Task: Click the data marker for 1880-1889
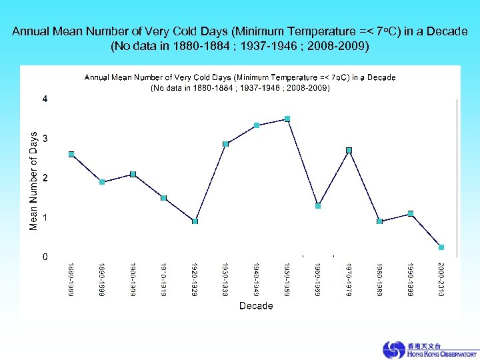coord(71,154)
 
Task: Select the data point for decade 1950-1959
coord(287,119)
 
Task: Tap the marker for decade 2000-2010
coord(441,247)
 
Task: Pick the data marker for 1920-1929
coord(195,221)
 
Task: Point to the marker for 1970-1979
coord(349,150)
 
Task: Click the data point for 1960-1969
coord(318,206)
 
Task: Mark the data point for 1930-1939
coord(225,144)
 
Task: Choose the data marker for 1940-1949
coord(257,125)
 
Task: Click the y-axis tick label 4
coord(45,99)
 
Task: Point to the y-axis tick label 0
coord(45,257)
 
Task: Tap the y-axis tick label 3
coord(45,138)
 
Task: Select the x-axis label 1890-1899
coord(102,279)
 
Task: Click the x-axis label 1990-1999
coord(410,279)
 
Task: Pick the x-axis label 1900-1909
coord(133,279)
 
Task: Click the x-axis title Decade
coord(256,306)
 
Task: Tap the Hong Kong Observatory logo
coord(429,350)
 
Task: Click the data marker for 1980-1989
coord(379,221)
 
